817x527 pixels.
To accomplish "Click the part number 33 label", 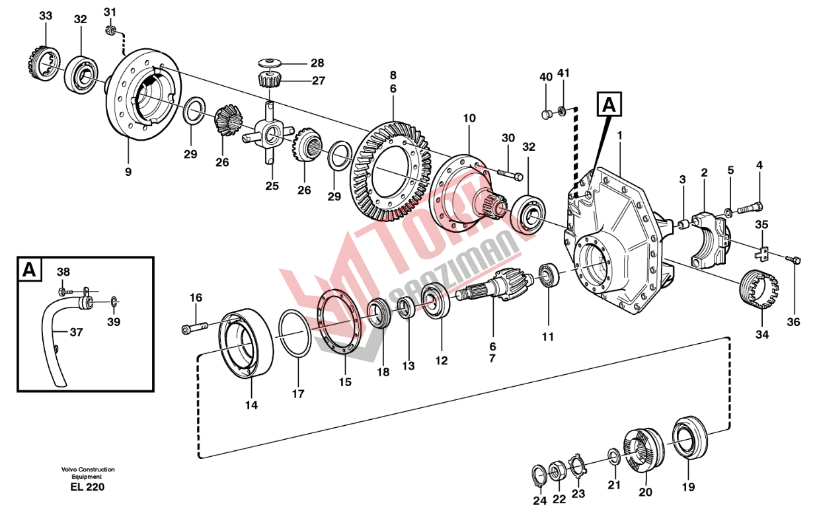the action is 46,16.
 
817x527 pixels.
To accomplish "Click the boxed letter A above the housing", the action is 609,104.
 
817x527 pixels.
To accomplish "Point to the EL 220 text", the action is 87,487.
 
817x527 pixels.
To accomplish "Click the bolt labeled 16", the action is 194,327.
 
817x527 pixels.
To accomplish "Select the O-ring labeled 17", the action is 295,333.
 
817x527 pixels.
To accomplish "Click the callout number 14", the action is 251,405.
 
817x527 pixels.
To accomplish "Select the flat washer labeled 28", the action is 270,63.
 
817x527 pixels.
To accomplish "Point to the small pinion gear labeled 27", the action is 270,79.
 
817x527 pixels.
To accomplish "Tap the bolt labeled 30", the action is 510,174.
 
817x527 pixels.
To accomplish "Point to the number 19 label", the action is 688,487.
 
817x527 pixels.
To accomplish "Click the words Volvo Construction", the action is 88,469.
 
